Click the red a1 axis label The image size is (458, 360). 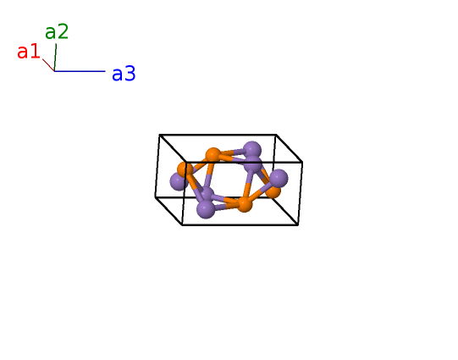28,52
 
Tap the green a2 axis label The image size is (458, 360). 57,32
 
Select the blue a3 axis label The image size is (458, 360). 124,74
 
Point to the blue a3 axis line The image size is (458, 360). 80,71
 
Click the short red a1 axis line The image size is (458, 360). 48,65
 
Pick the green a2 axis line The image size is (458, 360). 55,58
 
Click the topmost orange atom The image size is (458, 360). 213,155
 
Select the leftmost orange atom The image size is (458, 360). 185,169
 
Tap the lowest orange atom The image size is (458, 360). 245,204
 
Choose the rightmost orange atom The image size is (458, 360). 273,191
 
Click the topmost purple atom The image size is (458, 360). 252,151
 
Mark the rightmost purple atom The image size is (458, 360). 279,178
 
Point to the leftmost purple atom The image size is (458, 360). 179,181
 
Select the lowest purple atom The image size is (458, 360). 206,209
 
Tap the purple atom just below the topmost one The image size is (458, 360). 252,164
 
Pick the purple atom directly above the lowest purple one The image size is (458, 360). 207,194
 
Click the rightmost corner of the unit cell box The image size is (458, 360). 302,162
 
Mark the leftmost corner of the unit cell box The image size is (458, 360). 156,197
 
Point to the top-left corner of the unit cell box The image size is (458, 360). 159,135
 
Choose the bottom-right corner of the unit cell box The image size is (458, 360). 298,225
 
